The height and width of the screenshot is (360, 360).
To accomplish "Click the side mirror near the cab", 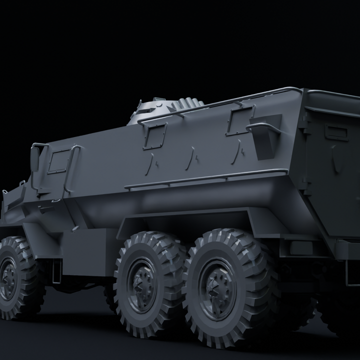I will (x=34, y=158).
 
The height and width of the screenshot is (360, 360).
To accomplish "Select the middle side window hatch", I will (x=155, y=135).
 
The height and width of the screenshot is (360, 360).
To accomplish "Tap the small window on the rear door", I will (x=336, y=132).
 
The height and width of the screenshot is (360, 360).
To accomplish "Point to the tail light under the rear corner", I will (x=300, y=247).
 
